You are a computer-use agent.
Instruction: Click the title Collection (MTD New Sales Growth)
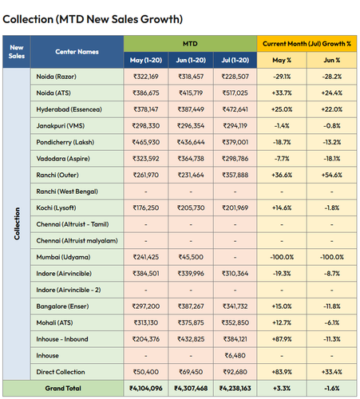(x=93, y=19)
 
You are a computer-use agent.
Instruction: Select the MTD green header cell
(x=190, y=44)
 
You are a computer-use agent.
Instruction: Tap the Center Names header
(x=77, y=52)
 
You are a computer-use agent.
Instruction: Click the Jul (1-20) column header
(x=235, y=60)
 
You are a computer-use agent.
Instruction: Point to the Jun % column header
(x=332, y=60)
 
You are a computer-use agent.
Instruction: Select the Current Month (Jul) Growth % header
(x=307, y=44)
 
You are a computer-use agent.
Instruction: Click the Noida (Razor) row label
(x=57, y=77)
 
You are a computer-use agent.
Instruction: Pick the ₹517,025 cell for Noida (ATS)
(x=235, y=93)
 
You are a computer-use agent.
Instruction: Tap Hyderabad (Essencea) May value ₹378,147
(x=146, y=109)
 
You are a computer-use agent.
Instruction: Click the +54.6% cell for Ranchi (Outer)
(x=332, y=175)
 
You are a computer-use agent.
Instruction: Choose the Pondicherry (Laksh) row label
(x=65, y=142)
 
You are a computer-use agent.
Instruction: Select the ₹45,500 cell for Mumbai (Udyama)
(x=191, y=257)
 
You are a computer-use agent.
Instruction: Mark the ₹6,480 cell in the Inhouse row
(x=235, y=356)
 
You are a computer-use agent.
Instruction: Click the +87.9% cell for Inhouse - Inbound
(x=282, y=339)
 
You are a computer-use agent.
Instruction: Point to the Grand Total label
(x=63, y=389)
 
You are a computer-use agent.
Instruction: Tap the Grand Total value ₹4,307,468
(x=191, y=389)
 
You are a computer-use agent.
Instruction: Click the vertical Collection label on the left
(x=17, y=223)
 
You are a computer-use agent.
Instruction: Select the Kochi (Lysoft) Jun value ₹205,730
(x=191, y=208)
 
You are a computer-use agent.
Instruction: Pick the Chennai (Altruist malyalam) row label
(x=77, y=241)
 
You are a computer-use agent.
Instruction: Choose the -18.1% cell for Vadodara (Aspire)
(x=332, y=159)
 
